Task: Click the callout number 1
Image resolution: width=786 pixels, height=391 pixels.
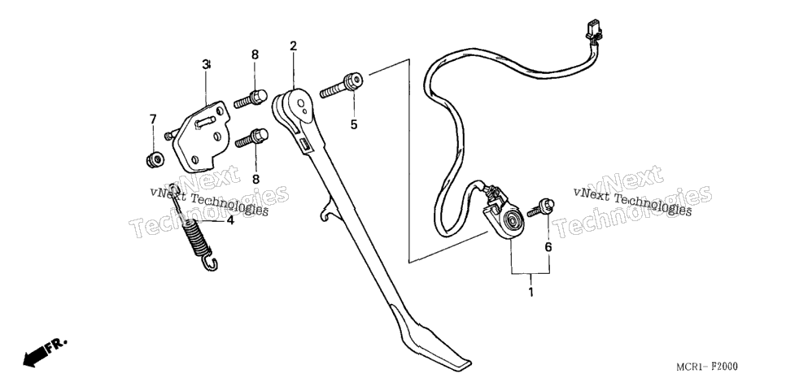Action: click(x=531, y=292)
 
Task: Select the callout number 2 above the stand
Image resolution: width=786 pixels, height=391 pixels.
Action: click(x=293, y=46)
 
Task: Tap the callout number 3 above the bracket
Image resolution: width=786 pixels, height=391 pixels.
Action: click(x=206, y=64)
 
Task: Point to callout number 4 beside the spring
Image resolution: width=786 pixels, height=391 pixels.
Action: click(x=229, y=219)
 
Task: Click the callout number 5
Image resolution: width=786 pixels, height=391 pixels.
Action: click(x=354, y=124)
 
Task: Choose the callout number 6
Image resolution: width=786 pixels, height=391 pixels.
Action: click(x=548, y=247)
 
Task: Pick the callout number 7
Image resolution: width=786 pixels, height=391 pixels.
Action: click(x=153, y=119)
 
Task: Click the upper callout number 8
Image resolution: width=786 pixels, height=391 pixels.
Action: click(x=255, y=54)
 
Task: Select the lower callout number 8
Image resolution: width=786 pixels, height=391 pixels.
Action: click(x=255, y=179)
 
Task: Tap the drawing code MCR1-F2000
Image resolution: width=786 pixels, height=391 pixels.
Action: click(x=707, y=367)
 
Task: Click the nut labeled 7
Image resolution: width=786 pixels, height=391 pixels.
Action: click(x=155, y=159)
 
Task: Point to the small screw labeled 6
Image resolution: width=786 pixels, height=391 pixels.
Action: click(x=541, y=207)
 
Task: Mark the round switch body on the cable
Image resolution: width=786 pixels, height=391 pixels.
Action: click(x=509, y=219)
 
